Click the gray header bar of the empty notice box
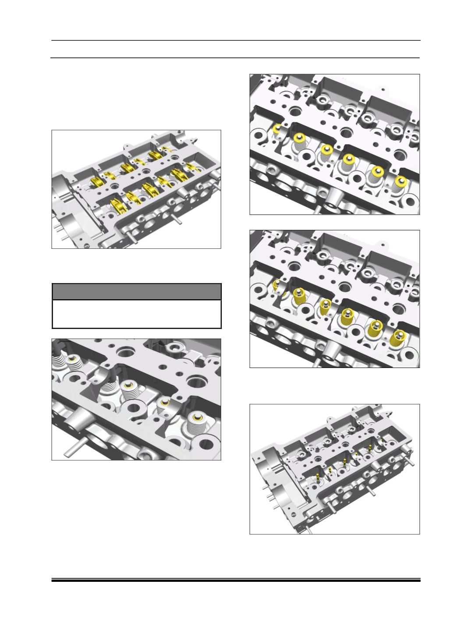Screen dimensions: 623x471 [136, 291]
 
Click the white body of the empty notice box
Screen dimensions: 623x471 [136, 314]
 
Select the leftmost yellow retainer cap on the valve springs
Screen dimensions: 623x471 [276, 128]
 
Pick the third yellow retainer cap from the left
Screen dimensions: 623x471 [325, 149]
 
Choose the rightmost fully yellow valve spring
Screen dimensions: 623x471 [396, 339]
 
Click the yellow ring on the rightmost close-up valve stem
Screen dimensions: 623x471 [196, 420]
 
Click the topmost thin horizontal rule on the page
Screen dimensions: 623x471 [236, 41]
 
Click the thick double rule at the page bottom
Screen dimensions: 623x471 [236, 581]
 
